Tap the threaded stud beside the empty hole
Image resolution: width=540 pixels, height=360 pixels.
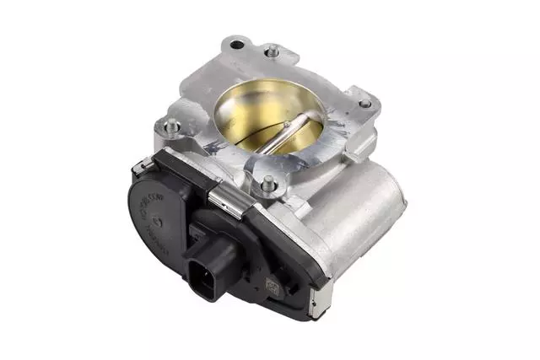[x=272, y=51]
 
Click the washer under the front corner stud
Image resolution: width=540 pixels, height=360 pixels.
[x=268, y=187]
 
